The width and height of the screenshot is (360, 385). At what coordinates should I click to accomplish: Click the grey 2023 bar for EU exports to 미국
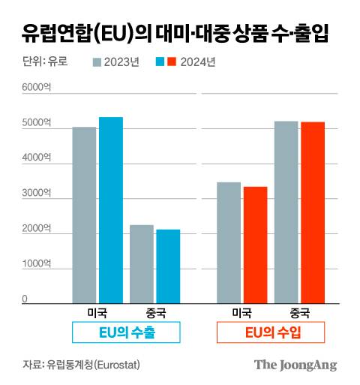tap(84, 215)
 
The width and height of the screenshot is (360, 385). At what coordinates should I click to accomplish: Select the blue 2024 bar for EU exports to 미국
tap(111, 209)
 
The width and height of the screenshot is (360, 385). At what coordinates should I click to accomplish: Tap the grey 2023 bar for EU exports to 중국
tap(142, 263)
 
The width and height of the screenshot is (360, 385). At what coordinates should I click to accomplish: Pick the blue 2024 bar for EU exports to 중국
tap(168, 266)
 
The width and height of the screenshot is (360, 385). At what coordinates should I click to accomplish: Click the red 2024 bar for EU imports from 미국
tap(255, 244)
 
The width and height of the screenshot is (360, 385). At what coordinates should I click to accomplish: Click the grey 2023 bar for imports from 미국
tap(229, 242)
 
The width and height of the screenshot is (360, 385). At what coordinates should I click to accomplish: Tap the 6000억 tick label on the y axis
tap(36, 88)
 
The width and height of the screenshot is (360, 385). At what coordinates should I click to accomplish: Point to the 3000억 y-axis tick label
tap(36, 194)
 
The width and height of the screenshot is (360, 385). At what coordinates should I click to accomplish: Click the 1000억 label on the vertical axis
tap(36, 264)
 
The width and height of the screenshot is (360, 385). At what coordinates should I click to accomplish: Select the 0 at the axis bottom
tap(25, 299)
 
